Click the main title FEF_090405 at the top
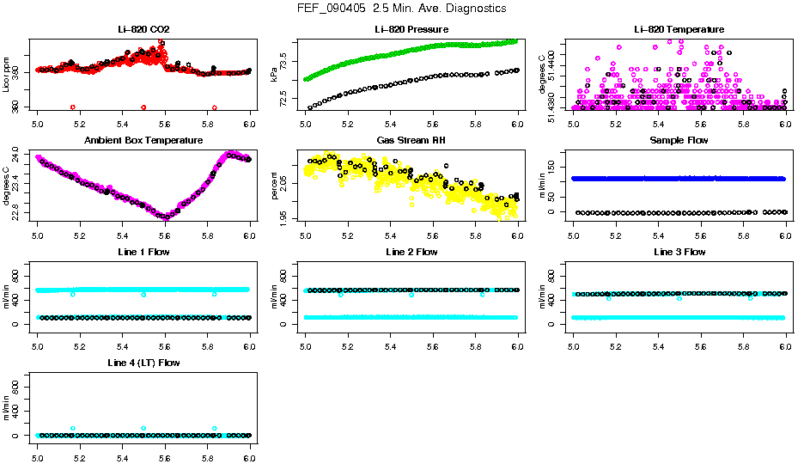(x=401, y=9)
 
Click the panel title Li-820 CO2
(x=143, y=30)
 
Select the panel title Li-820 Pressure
(x=411, y=30)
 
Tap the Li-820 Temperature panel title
(x=679, y=30)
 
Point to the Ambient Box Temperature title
(x=143, y=140)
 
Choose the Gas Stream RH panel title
(x=411, y=140)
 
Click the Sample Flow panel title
(x=679, y=140)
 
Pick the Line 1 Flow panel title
(x=143, y=252)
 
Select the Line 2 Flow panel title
(x=411, y=252)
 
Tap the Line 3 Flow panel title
(x=679, y=252)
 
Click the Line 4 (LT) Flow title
(x=143, y=363)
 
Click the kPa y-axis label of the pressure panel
(x=274, y=76)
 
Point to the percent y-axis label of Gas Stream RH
(x=274, y=186)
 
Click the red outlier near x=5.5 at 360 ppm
(x=143, y=107)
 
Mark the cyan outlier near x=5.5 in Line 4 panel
(x=143, y=428)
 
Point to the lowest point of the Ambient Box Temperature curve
(x=165, y=217)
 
